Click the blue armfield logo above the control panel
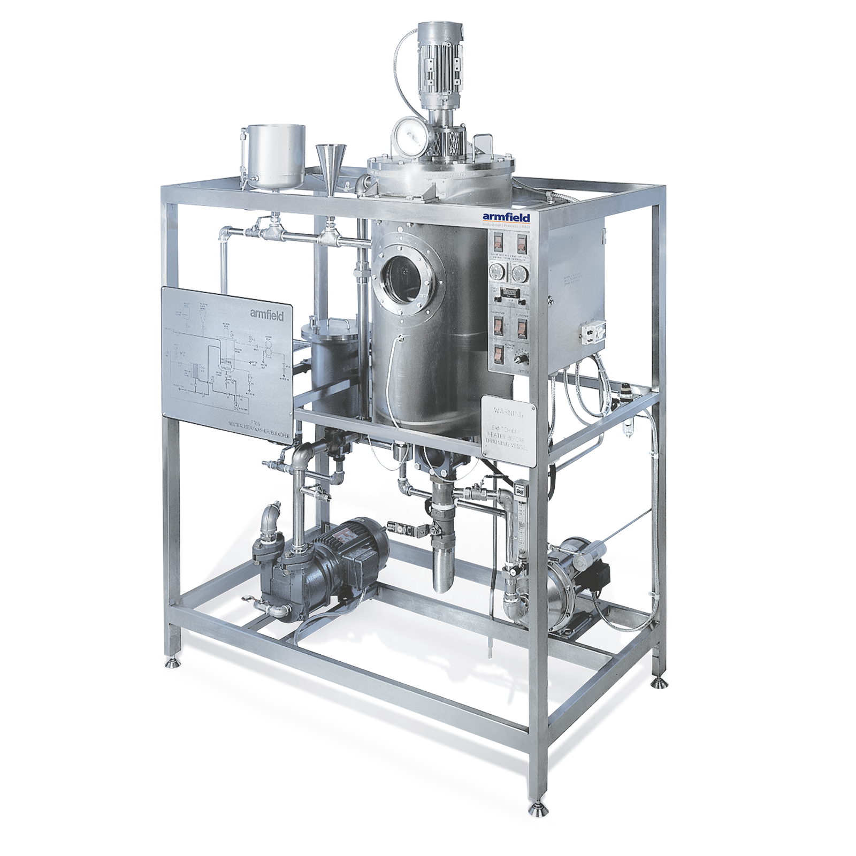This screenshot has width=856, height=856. [x=506, y=217]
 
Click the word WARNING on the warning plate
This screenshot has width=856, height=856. [x=508, y=412]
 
